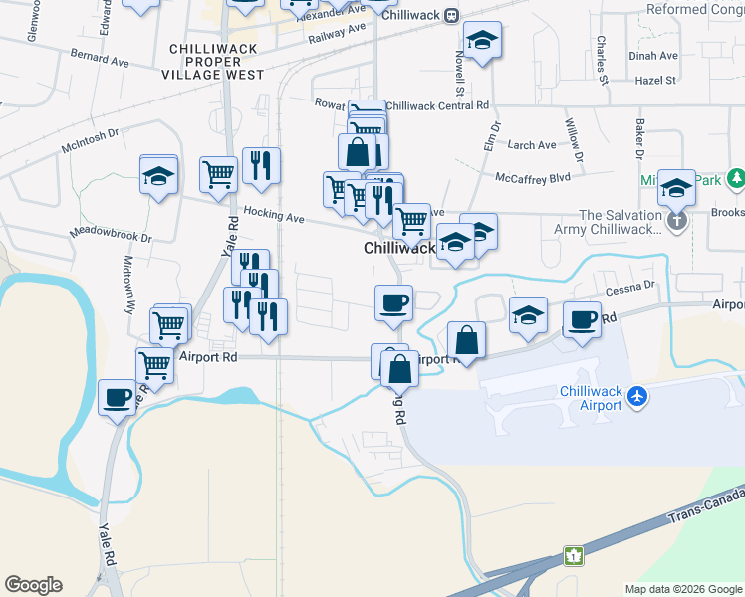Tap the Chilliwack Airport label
tap(591, 398)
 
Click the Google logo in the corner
tap(33, 585)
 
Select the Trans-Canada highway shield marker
tap(574, 554)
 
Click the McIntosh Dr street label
tap(90, 140)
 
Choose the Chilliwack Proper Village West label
tap(216, 62)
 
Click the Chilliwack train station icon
tap(451, 15)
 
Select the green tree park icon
tap(736, 179)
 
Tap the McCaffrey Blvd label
tap(533, 177)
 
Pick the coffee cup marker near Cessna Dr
tap(583, 319)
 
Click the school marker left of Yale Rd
tap(158, 176)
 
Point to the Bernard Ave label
tap(100, 59)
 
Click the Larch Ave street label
tap(532, 145)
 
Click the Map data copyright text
tap(682, 589)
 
